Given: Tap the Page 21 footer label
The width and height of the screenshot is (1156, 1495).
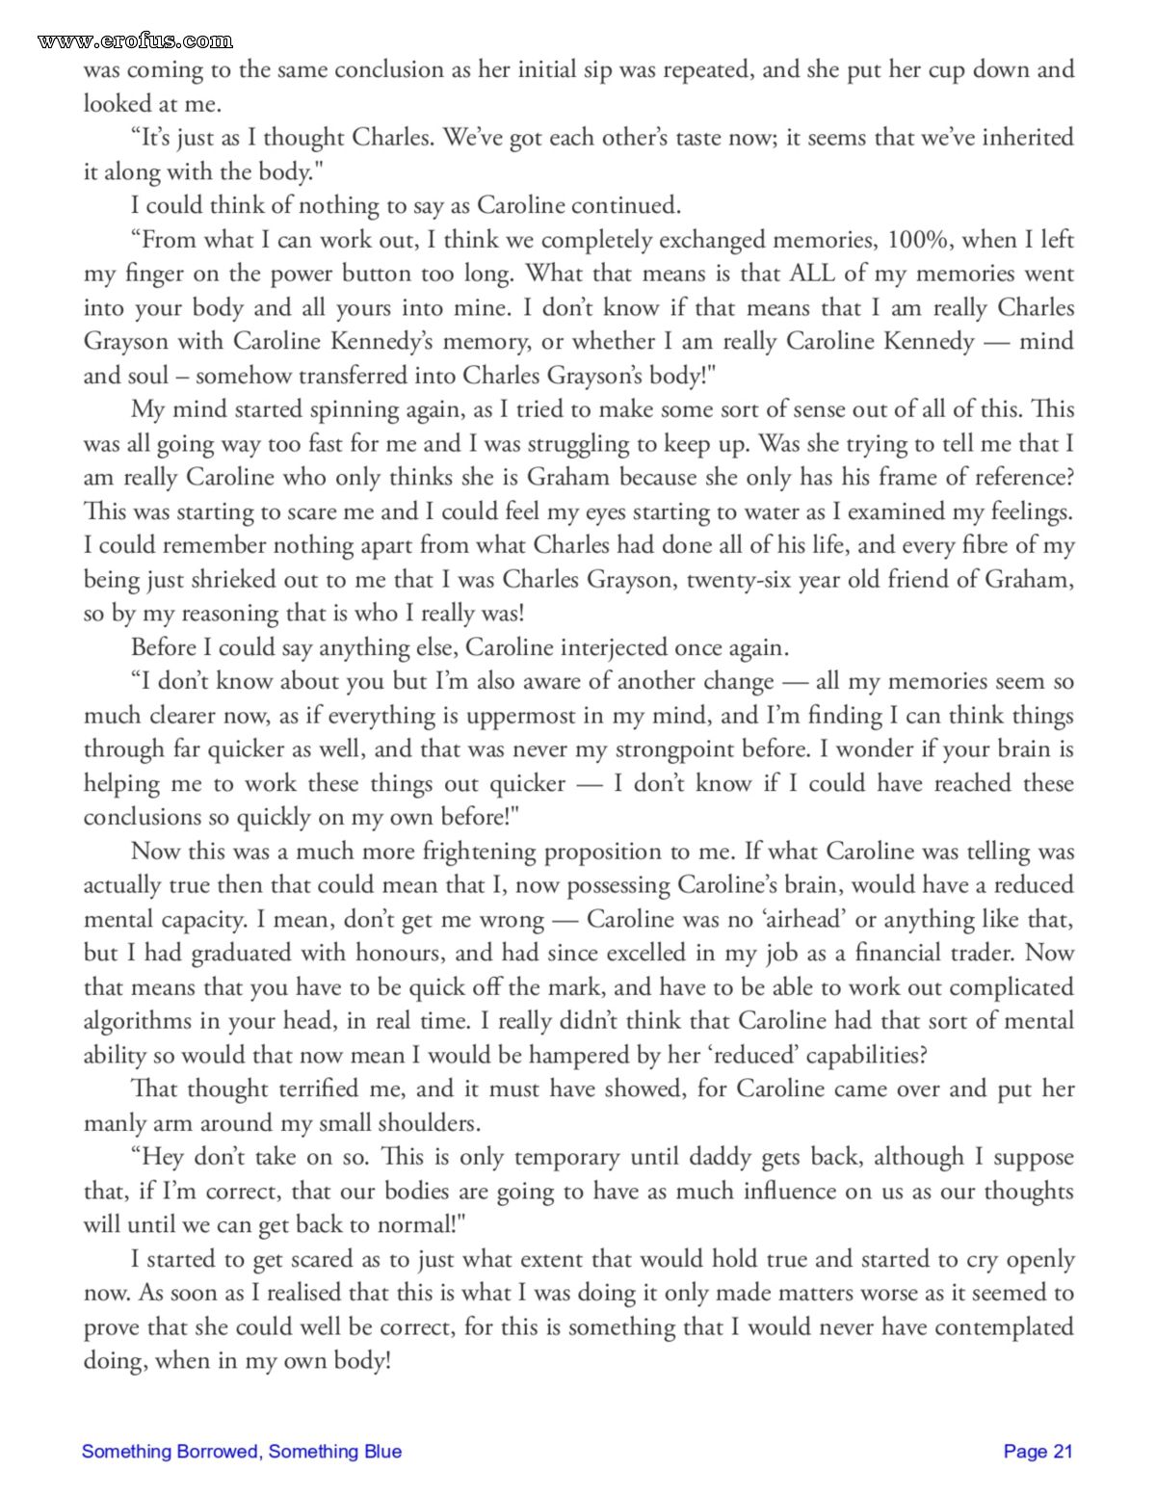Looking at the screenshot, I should coord(1038,1452).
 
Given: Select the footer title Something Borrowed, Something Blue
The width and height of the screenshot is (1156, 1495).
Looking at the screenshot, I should coord(242,1452).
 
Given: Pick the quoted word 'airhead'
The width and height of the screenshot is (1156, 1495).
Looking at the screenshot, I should coord(803,920).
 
